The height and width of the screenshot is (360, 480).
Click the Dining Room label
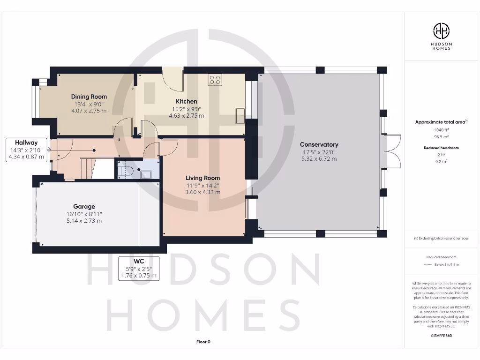(89, 97)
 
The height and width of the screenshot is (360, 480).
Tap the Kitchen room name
(186, 101)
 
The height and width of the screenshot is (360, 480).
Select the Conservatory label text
(319, 144)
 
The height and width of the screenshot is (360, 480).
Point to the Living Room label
(202, 178)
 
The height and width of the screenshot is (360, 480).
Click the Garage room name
(84, 206)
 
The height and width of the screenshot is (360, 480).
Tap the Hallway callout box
(26, 150)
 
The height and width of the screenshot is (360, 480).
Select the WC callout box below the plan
(138, 268)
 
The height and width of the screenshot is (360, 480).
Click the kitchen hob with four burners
(215, 80)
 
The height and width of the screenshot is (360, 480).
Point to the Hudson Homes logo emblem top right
(441, 31)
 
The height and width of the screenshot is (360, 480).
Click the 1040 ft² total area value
(441, 130)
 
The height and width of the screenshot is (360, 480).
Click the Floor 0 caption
(203, 342)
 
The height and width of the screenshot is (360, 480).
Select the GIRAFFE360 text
(441, 336)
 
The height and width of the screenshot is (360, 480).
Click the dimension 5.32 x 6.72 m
(319, 159)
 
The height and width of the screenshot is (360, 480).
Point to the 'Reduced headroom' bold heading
(441, 148)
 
